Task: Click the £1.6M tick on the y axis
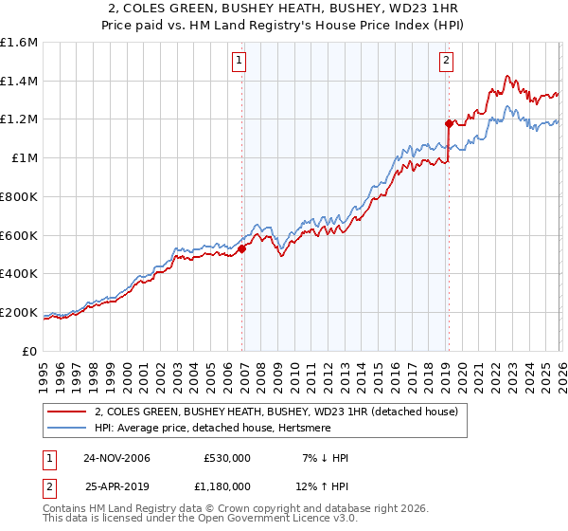click(19, 43)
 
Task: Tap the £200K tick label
click(19, 312)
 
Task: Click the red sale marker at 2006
click(242, 248)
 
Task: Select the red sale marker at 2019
click(449, 123)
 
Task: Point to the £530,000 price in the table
click(227, 458)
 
